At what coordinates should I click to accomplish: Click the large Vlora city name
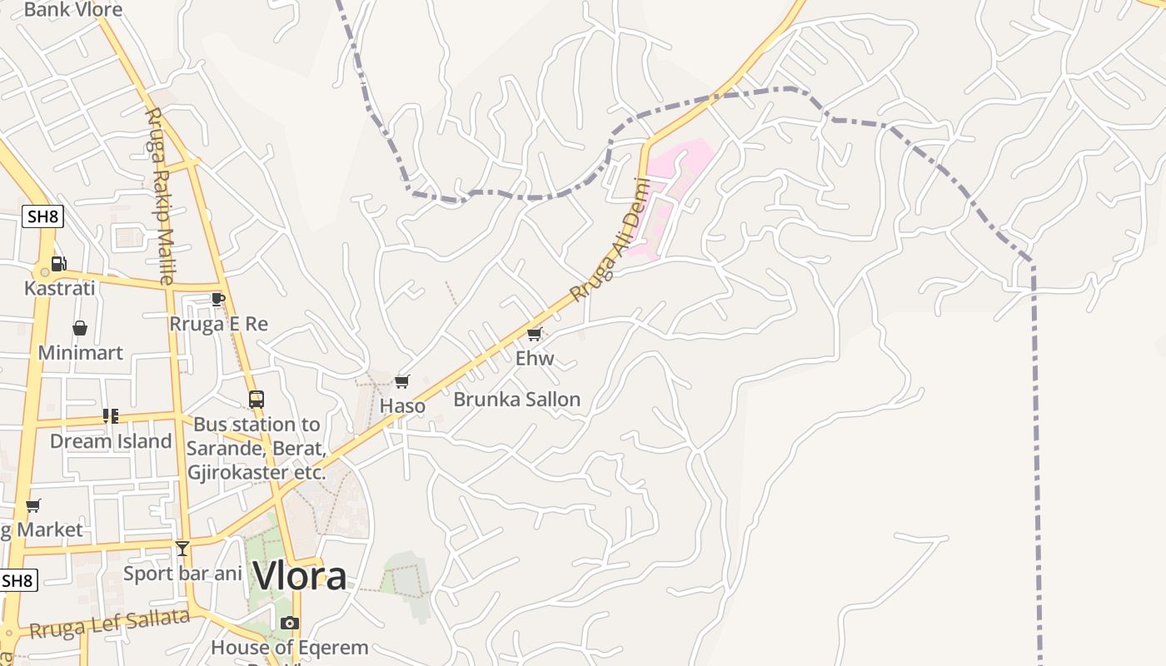pos(300,576)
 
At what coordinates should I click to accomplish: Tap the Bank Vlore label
pos(73,10)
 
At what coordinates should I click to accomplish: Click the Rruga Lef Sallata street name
pos(109,624)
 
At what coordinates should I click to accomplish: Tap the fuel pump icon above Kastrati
pos(59,264)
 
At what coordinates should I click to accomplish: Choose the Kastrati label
pos(60,288)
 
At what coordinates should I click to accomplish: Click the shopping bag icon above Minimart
pos(80,328)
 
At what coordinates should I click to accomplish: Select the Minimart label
pos(81,352)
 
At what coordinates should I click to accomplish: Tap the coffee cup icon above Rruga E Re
pos(218,299)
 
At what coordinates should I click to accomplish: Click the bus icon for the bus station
pos(256,400)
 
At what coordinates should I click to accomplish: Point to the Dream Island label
pos(111,440)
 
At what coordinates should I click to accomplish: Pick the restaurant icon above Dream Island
pos(110,415)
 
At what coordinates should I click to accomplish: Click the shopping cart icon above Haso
pos(402,381)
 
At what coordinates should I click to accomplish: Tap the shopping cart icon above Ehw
pos(535,334)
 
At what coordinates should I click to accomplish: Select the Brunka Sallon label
pos(516,400)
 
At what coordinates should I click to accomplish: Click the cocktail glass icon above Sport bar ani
pos(182,548)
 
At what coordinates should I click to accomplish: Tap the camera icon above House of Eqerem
pos(289,623)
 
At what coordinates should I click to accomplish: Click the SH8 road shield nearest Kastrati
pos(42,217)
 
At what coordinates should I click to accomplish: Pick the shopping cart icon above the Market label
pos(33,505)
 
